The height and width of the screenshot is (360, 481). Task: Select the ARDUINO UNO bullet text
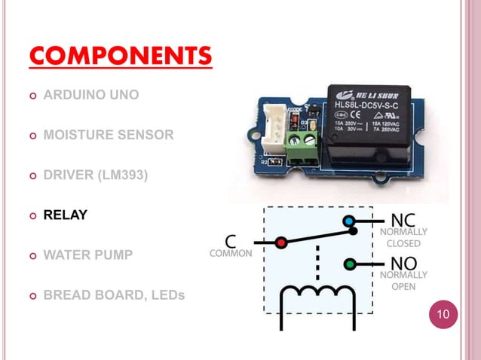[x=91, y=96]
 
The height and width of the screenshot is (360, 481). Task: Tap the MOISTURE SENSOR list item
[x=109, y=136]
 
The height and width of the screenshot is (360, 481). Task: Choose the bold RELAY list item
[x=65, y=215]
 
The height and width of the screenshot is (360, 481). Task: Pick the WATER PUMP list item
[x=88, y=255]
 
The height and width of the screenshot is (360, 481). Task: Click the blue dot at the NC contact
[x=348, y=221]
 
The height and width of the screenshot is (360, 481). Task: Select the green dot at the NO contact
[x=349, y=264]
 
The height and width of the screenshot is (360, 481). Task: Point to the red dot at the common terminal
[x=280, y=243]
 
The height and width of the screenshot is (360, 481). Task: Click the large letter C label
[x=231, y=242]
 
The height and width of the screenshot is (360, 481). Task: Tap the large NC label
[x=401, y=220]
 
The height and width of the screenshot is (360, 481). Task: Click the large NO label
[x=403, y=264]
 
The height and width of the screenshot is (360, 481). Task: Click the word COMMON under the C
[x=231, y=255]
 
